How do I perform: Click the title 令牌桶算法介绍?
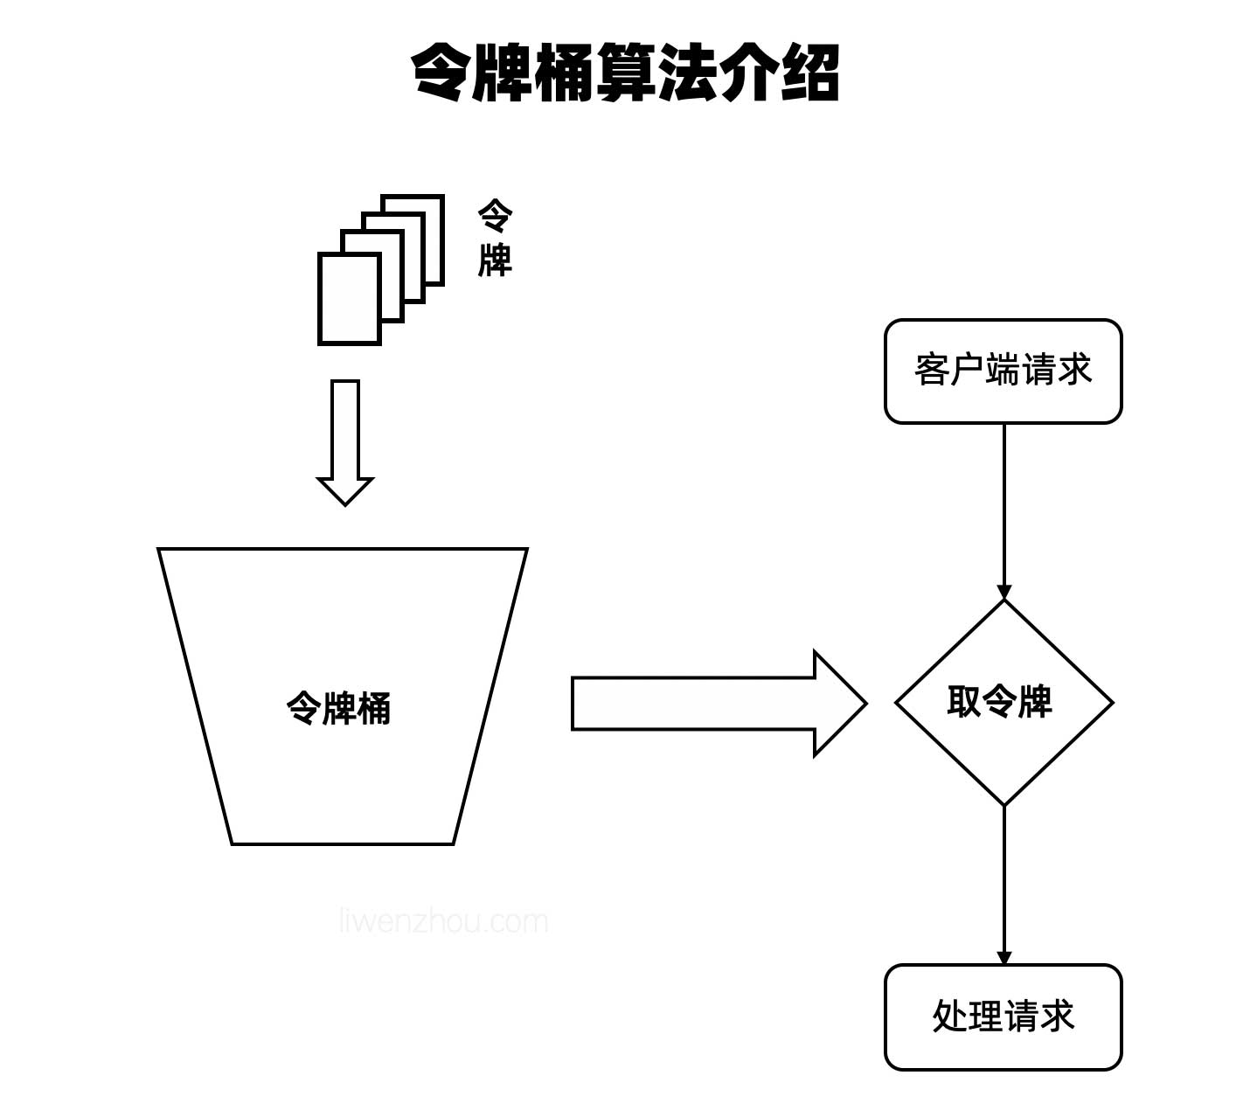626,73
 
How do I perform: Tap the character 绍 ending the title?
810,73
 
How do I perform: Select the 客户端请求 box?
1003,371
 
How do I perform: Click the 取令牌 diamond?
1003,702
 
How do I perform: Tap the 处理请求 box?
1003,1016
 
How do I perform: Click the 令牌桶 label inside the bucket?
339,708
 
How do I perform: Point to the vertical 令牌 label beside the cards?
495,238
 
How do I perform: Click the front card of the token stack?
349,299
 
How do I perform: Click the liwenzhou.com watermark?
443,921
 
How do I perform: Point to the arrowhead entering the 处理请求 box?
1004,957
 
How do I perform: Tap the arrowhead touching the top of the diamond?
1004,592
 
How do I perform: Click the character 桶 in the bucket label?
374,708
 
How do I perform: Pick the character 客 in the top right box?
932,371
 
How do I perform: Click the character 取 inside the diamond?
964,702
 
